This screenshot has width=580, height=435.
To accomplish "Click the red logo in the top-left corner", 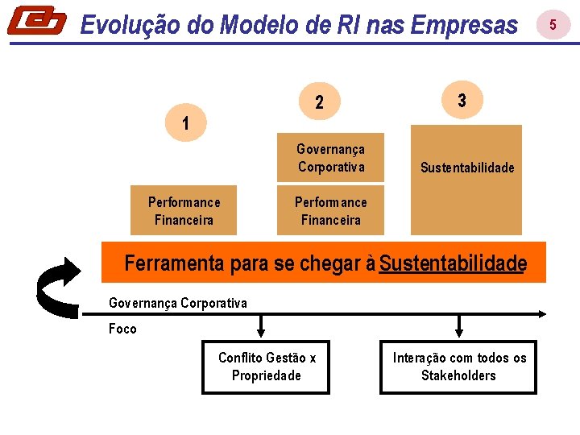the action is [x=37, y=21].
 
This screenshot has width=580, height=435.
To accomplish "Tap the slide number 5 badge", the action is [x=553, y=25].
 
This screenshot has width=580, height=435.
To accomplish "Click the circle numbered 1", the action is [x=186, y=124].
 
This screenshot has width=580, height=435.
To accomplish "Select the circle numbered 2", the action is [x=320, y=102].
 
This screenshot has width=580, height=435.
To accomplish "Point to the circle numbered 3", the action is [x=461, y=101].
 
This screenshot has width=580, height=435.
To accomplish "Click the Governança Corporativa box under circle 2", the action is [x=330, y=158].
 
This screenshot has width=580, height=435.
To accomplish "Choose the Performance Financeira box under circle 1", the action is [x=184, y=211].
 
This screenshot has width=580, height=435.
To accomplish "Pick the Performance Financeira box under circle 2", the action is [x=330, y=211].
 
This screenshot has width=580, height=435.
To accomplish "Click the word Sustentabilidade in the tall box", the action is [x=467, y=168].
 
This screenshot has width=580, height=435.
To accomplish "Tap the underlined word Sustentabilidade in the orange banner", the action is [x=453, y=263].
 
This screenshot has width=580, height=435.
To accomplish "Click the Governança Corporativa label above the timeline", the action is [x=178, y=303].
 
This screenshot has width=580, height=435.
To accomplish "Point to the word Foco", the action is [x=122, y=329].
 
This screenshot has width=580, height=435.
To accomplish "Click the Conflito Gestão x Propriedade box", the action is [x=266, y=367].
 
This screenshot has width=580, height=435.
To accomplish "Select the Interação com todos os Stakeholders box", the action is [x=459, y=367].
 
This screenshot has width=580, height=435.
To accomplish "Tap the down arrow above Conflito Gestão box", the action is [x=261, y=326].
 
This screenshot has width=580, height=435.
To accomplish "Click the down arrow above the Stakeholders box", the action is [x=459, y=326].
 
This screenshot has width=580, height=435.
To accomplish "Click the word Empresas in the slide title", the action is [x=464, y=25].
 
